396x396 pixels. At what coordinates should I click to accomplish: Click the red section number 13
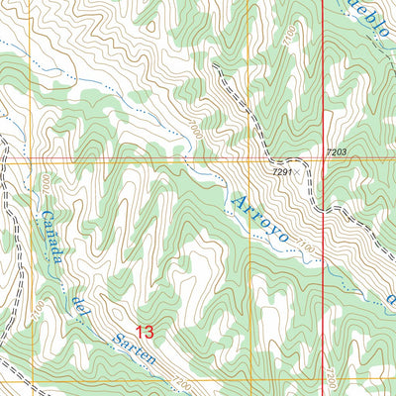146,333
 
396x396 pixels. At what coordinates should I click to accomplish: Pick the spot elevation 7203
338,151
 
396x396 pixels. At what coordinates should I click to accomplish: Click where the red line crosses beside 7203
325,158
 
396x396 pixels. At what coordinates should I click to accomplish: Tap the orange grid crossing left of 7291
249,158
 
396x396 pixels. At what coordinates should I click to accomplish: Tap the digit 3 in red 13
150,333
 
